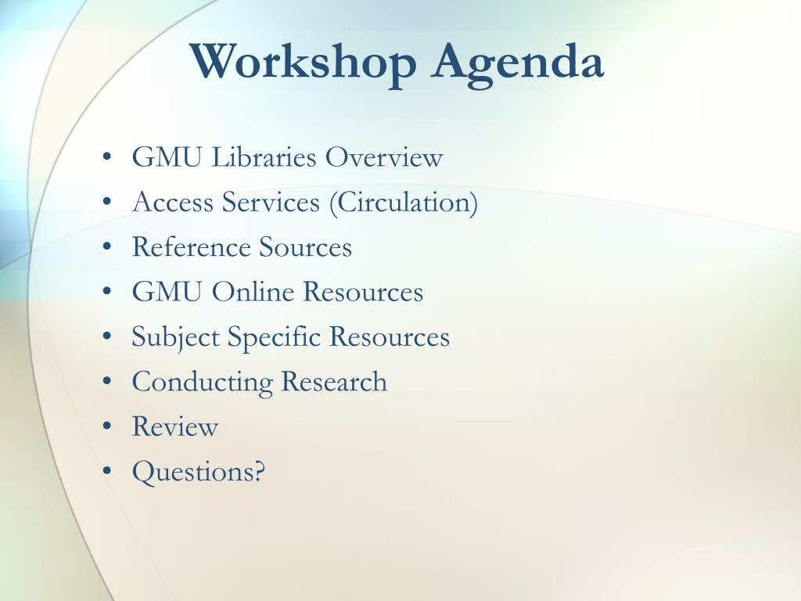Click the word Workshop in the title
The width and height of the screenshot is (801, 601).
coord(304,63)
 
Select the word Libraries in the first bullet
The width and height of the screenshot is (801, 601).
coord(264,157)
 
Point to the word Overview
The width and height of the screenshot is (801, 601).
coord(384,157)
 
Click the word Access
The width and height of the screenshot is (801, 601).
coord(173,202)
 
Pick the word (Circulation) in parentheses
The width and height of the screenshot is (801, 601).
coord(404,203)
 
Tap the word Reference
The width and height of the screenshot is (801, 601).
coord(191,247)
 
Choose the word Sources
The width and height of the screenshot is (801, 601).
coord(306,247)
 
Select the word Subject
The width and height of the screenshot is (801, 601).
coord(175,337)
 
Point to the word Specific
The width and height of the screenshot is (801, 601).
coord(274,337)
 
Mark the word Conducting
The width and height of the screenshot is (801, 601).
coord(203,382)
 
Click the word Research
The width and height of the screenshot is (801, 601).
coord(334,381)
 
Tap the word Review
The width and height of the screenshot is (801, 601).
coord(174,426)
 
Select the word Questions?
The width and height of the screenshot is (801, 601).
coord(199,472)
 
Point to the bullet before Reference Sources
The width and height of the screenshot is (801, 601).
coord(106,247)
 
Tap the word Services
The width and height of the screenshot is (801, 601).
coord(271,202)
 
